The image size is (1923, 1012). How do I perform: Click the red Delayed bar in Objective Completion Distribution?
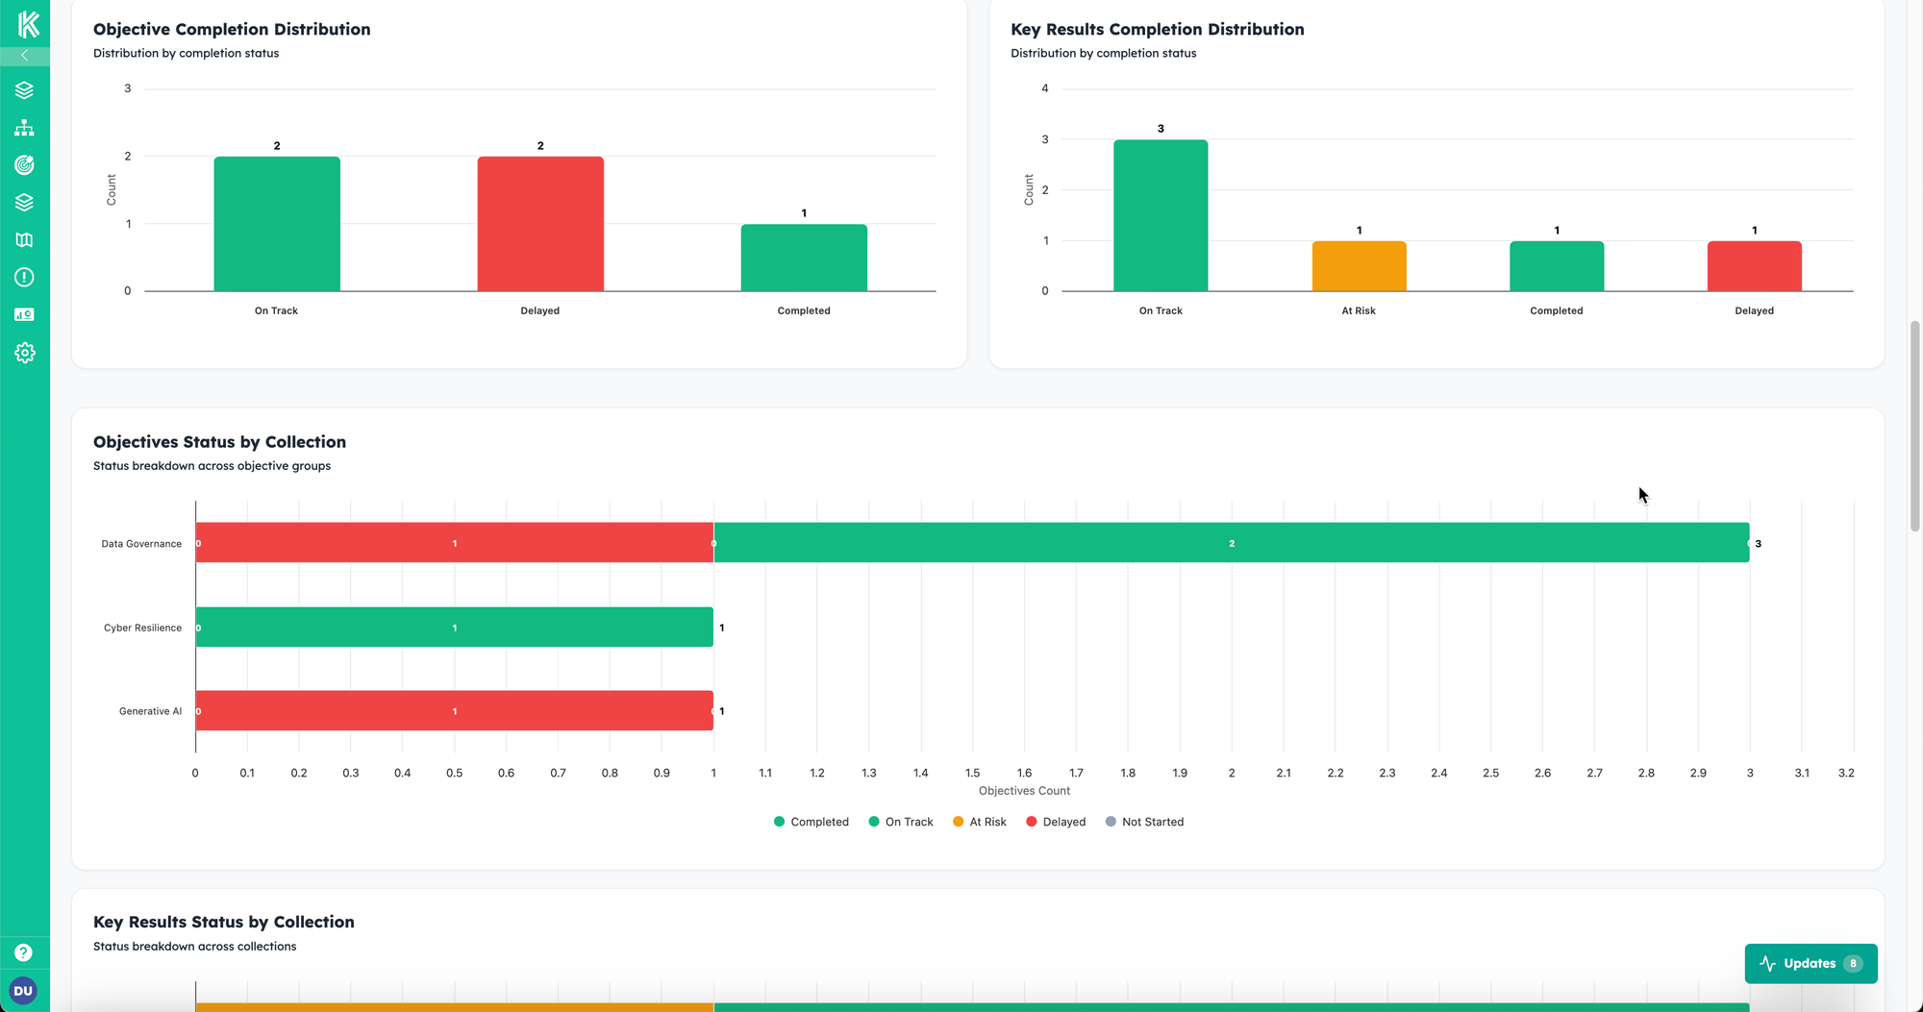[540, 224]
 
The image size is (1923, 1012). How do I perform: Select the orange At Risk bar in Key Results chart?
[1359, 266]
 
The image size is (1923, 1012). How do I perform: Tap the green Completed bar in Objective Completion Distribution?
[804, 258]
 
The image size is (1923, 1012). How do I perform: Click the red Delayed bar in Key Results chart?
[1754, 266]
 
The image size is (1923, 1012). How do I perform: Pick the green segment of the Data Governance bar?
[1231, 543]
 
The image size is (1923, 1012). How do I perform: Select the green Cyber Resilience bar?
[454, 627]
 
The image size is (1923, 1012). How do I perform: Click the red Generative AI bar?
[454, 710]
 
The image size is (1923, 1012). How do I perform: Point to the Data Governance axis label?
[141, 544]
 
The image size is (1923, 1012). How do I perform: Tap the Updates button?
[1810, 963]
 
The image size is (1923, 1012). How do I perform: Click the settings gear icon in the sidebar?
[25, 353]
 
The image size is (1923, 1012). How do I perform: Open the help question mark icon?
[24, 952]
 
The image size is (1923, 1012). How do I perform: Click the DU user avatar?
[23, 990]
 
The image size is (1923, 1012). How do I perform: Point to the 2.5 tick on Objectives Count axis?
[1490, 773]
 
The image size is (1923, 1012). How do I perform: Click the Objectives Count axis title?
[1024, 791]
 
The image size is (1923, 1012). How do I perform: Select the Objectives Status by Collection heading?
[219, 442]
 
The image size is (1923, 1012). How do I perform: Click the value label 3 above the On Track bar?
[1161, 129]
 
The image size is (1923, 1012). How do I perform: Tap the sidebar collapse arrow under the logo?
[25, 56]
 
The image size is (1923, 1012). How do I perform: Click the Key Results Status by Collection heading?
[223, 922]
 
